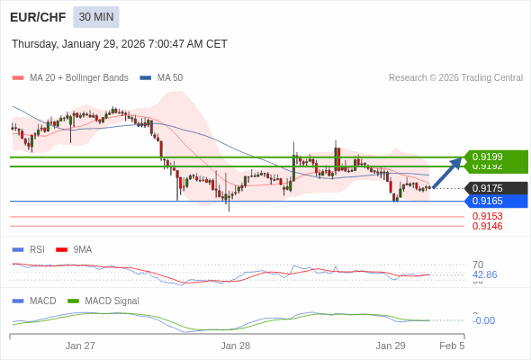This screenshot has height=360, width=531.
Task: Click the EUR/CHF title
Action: coord(37,17)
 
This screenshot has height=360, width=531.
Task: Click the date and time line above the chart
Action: coord(120,44)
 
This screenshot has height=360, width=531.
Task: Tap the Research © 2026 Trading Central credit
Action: coord(455,78)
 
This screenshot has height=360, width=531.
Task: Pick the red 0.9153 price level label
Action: coord(487,216)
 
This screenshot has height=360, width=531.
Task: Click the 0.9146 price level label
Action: coord(487,226)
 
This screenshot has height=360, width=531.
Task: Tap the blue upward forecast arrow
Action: coord(447,174)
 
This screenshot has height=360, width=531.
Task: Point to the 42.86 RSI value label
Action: coord(484,274)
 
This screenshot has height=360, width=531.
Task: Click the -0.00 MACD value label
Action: coord(483,320)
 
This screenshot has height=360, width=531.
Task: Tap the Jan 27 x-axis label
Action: coord(80,345)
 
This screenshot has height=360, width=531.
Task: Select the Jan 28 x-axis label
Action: coord(235,345)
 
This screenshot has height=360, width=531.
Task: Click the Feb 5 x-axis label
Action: coord(452,345)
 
